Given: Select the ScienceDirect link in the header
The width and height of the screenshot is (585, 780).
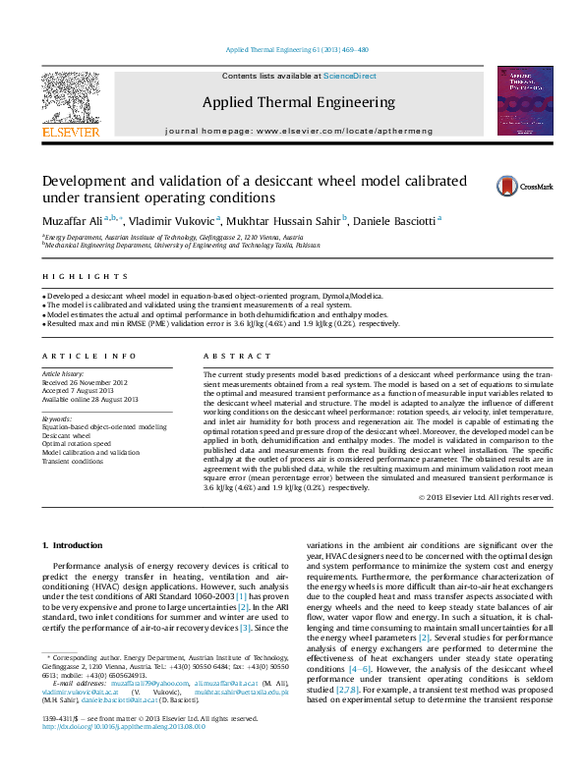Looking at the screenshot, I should [x=350, y=76].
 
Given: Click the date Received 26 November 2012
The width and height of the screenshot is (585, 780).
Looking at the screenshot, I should [x=85, y=382].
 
